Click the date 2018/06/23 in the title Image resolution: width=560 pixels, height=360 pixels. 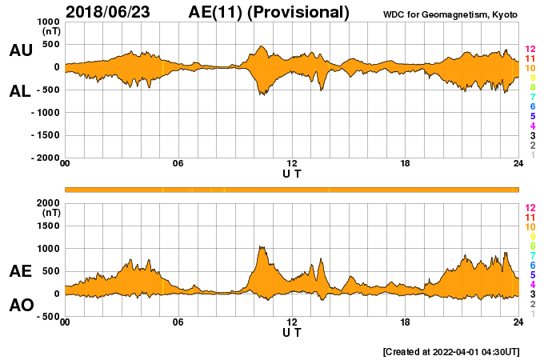point(112,12)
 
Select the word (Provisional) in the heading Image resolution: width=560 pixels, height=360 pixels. point(299,12)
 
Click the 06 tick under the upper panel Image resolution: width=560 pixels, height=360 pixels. point(178,164)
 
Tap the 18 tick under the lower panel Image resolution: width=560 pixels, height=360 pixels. point(405,322)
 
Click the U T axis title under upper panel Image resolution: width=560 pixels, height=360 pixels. point(292,173)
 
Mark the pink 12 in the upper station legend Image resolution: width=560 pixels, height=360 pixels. point(530,49)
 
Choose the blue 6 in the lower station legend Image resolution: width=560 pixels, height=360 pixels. point(532,265)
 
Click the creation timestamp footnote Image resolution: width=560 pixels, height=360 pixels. point(451,351)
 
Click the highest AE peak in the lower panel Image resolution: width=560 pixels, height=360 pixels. point(262,247)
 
